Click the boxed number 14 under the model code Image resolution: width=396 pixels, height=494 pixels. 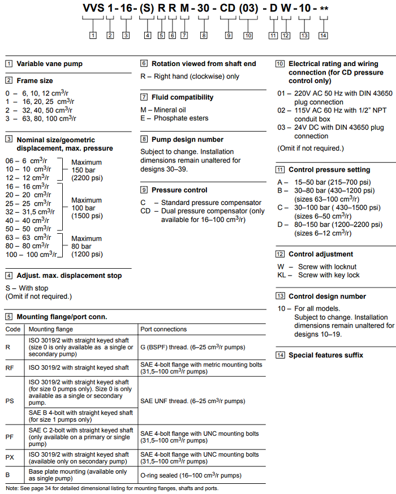pyautogui.click(x=323, y=36)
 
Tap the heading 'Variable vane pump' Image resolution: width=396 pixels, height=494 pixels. pyautogui.click(x=49, y=64)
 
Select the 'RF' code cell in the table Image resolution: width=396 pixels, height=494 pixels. pyautogui.click(x=11, y=368)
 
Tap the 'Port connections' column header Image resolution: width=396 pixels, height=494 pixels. pyautogui.click(x=163, y=329)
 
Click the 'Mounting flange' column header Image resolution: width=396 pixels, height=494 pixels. pyautogui.click(x=51, y=329)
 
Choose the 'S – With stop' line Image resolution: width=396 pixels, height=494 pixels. pyautogui.click(x=27, y=288)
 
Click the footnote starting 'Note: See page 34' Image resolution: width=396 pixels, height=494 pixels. pyautogui.click(x=111, y=488)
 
